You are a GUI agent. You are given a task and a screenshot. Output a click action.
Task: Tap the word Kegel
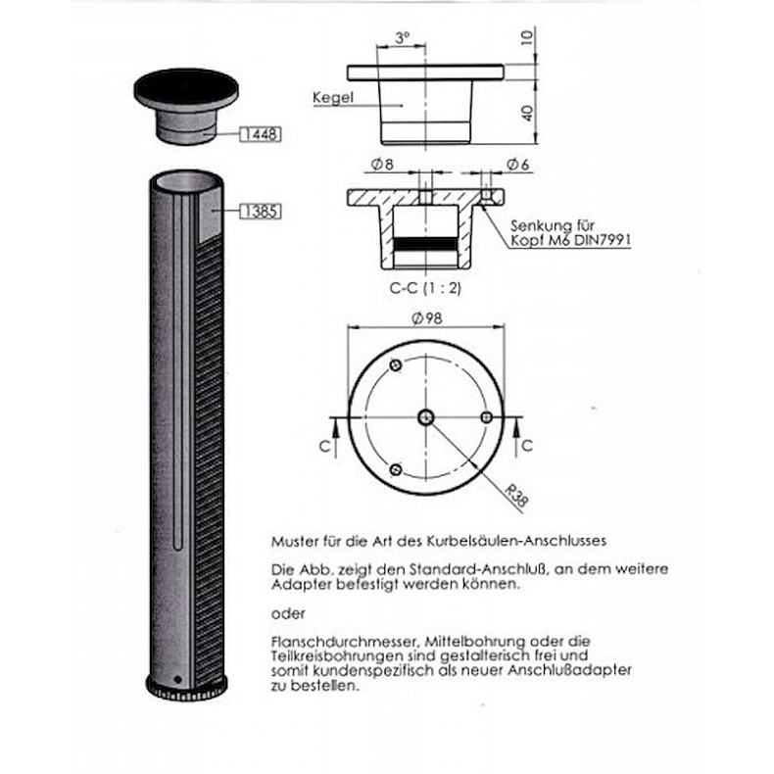click(332, 98)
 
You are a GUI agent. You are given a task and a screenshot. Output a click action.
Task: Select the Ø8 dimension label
click(384, 164)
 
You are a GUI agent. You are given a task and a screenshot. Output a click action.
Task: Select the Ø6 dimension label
click(517, 164)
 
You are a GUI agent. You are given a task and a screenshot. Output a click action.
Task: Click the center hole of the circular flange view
click(425, 417)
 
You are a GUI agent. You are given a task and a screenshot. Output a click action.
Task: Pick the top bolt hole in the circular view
click(395, 365)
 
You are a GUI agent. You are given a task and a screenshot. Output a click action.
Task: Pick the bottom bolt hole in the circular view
click(395, 469)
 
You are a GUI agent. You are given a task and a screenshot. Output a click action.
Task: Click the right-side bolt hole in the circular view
click(486, 417)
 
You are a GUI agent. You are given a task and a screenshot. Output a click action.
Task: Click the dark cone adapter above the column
click(186, 106)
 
